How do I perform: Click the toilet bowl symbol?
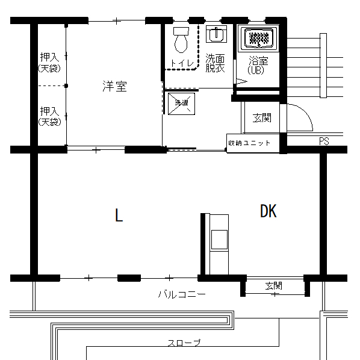(181, 40)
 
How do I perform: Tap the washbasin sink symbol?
(216, 34)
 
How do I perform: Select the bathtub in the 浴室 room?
(258, 38)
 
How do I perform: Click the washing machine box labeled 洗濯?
(181, 104)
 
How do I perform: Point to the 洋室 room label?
(114, 86)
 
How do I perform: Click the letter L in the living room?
(119, 215)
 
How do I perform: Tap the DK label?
(268, 211)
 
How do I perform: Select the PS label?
(324, 141)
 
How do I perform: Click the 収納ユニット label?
(249, 143)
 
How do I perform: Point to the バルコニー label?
(182, 294)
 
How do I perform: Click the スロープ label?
(184, 343)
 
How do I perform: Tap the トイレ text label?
(182, 63)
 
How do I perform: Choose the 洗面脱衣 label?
(215, 63)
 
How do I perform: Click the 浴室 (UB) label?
(258, 65)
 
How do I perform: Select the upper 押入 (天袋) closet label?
(49, 62)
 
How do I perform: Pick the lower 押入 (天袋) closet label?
(49, 116)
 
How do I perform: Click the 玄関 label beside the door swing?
(262, 118)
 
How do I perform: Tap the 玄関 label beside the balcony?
(274, 286)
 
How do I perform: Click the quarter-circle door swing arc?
(306, 112)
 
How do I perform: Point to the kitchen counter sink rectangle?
(219, 240)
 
